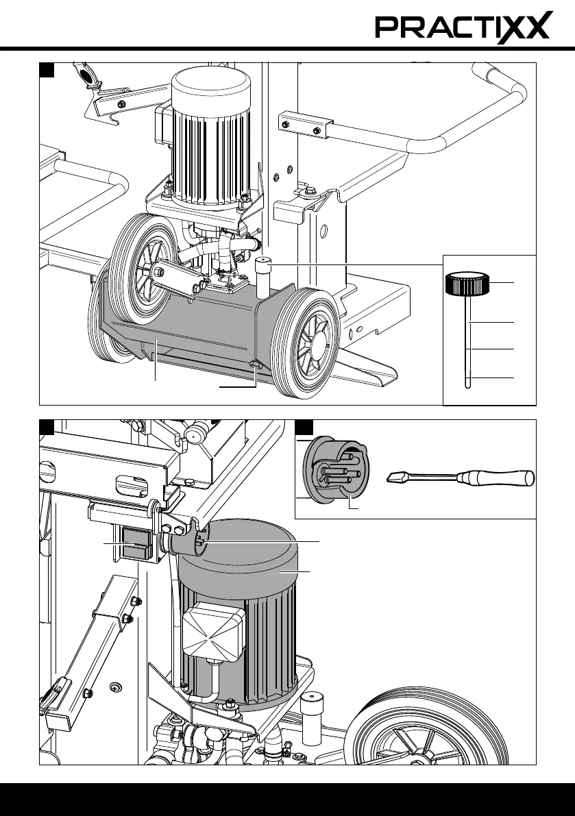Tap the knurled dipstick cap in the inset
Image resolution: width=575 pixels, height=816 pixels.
coord(467,283)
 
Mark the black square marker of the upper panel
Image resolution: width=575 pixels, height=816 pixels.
coord(47,70)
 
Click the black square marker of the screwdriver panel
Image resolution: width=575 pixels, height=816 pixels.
coord(304,428)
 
